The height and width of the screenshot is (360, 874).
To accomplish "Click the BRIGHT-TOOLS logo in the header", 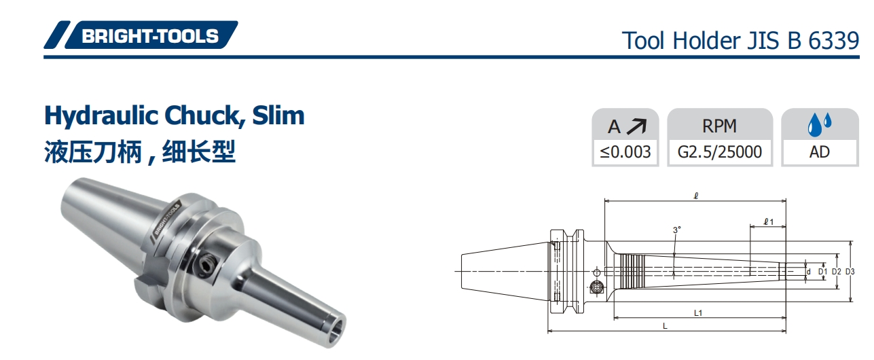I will [141, 35].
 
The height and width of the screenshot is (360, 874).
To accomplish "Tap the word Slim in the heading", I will [278, 115].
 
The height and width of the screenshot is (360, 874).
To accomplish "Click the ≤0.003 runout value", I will [625, 152].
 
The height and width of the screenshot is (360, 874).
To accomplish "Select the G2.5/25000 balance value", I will [720, 152].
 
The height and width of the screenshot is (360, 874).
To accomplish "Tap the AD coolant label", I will [819, 152].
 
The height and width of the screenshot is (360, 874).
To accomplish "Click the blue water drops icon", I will [819, 124].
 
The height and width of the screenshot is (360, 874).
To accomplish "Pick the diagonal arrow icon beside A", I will [636, 126].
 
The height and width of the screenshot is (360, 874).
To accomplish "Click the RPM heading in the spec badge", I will [719, 126].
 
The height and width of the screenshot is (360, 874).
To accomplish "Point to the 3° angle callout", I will [676, 230].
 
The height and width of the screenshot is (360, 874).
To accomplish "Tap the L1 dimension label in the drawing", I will [697, 313].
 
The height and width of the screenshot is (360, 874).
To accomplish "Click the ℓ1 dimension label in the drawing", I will [767, 221].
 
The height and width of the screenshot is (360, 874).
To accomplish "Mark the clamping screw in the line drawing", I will [596, 287].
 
